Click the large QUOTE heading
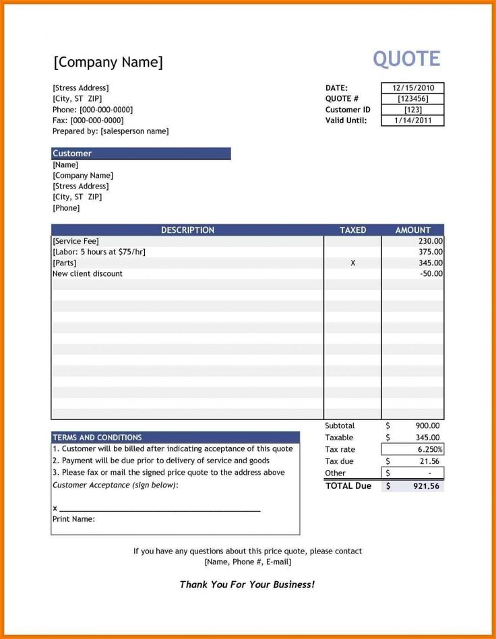click(x=406, y=59)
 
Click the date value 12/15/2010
click(x=413, y=88)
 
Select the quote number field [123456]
click(x=413, y=99)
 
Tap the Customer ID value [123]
click(x=413, y=110)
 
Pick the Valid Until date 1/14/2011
click(x=413, y=121)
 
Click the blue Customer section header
click(x=141, y=154)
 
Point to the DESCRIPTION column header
click(x=187, y=230)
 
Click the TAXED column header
click(x=352, y=230)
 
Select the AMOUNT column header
click(x=412, y=230)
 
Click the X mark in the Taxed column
click(x=352, y=263)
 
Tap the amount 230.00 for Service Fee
click(x=430, y=241)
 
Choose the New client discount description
click(x=88, y=274)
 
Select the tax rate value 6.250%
click(x=429, y=450)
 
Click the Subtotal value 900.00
click(x=427, y=426)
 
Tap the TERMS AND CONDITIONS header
click(x=97, y=438)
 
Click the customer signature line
click(x=160, y=510)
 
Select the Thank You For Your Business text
click(x=247, y=584)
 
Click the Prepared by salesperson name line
click(x=111, y=131)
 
